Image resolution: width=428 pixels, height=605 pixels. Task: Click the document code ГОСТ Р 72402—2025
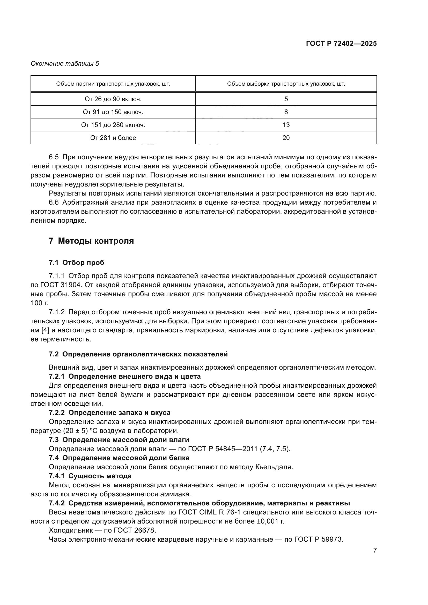click(x=341, y=43)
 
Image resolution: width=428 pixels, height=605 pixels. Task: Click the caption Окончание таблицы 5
click(x=65, y=64)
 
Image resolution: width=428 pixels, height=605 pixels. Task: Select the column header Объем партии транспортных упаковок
click(x=113, y=84)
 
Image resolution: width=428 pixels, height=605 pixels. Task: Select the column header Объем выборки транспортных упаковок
click(x=286, y=84)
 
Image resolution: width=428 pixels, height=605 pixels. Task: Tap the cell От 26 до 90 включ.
click(x=113, y=99)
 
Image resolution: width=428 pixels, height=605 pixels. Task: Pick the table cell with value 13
click(x=286, y=125)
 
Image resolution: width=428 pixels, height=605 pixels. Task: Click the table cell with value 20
click(x=286, y=138)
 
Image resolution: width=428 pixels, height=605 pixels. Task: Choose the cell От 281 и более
click(x=113, y=138)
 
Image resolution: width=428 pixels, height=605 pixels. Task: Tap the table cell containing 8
click(x=286, y=112)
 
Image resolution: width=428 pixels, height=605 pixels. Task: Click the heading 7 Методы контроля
click(x=91, y=241)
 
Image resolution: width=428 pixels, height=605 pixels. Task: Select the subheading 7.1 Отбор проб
click(x=76, y=263)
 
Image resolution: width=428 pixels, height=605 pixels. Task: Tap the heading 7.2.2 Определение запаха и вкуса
click(x=109, y=413)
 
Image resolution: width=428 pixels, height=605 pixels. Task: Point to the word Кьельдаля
click(x=274, y=467)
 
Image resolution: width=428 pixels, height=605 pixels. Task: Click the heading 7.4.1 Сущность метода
click(x=90, y=476)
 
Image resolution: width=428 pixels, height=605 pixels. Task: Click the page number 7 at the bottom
click(x=375, y=550)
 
